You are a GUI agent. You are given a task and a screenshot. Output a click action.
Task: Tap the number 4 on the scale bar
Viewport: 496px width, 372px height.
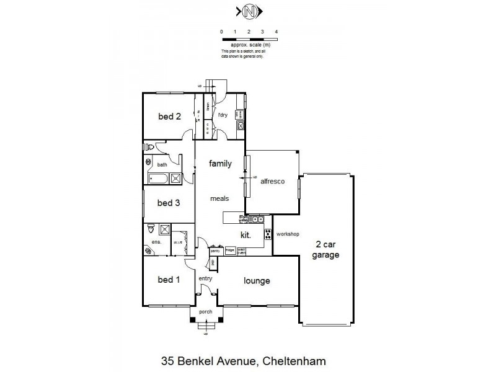(276, 31)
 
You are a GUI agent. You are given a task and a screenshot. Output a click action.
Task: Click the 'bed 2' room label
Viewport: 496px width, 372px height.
(169, 116)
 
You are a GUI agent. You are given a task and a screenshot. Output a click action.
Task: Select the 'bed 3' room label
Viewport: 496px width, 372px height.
(168, 203)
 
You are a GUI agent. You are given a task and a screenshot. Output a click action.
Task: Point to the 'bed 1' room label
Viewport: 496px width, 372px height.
(168, 280)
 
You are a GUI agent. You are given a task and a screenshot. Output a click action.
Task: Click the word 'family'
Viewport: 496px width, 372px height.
(219, 164)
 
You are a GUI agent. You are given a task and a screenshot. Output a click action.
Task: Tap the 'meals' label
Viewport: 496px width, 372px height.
(219, 199)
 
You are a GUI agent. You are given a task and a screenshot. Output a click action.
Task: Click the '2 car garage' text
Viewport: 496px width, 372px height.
(326, 249)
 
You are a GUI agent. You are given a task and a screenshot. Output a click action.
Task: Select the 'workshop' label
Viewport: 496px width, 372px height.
(288, 234)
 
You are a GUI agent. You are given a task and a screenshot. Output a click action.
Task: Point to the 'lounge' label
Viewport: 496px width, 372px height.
(257, 281)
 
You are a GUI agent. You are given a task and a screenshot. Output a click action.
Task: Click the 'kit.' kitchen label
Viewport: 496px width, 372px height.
(246, 234)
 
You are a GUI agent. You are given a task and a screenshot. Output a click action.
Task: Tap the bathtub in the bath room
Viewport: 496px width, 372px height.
(159, 179)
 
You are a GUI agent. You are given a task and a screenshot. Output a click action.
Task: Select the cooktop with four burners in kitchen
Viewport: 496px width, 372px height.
(268, 234)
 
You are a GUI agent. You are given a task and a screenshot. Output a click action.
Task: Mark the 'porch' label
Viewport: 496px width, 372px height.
(205, 312)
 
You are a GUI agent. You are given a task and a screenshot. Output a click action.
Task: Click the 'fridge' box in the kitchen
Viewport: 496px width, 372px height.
(229, 250)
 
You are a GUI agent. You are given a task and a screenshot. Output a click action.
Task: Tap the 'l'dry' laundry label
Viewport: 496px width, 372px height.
(223, 115)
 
